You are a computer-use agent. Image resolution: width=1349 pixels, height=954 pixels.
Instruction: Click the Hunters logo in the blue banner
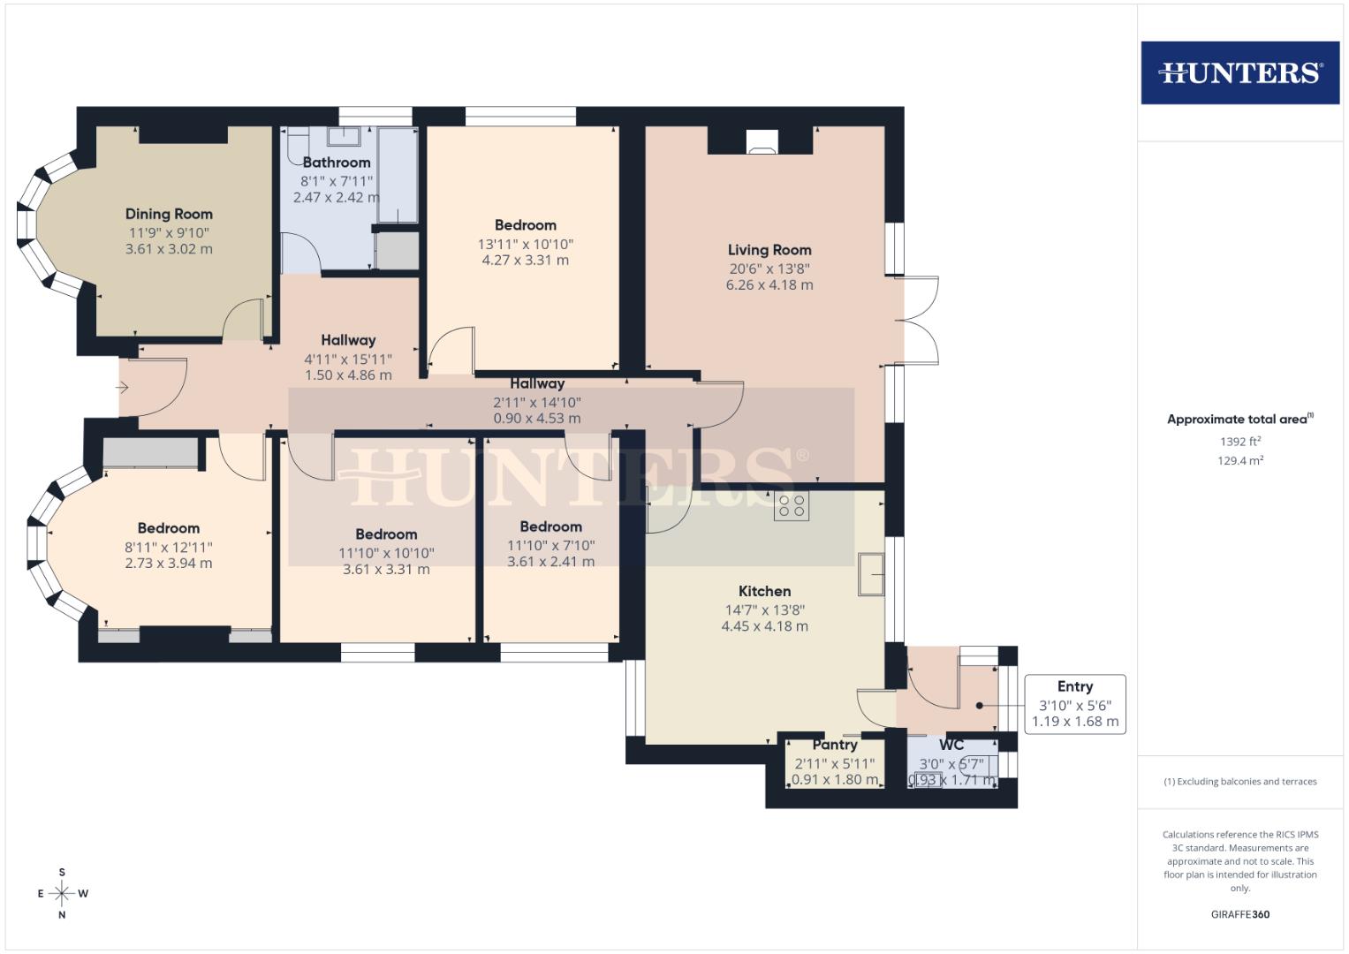(1239, 72)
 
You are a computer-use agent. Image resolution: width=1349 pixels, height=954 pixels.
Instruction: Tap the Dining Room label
(169, 214)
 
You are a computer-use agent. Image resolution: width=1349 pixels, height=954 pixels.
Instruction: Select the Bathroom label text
(337, 163)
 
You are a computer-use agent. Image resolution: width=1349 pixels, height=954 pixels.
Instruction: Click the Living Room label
(769, 250)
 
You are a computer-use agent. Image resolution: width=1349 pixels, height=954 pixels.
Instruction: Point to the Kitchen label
(764, 591)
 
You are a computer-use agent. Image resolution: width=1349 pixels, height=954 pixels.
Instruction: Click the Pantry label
(835, 745)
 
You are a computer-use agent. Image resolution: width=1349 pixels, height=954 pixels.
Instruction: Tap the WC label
(951, 745)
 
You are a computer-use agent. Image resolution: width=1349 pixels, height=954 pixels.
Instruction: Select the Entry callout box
(1075, 704)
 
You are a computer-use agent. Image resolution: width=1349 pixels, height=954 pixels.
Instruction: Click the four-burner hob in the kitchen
(791, 506)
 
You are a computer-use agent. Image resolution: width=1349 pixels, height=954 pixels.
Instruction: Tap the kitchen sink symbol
(871, 575)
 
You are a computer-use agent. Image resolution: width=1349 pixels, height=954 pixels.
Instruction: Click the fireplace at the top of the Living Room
(761, 141)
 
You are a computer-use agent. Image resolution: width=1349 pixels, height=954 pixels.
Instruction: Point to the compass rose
(62, 893)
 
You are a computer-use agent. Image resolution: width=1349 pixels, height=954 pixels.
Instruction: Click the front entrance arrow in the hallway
(122, 388)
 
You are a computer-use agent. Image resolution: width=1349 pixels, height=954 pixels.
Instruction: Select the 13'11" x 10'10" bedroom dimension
(526, 244)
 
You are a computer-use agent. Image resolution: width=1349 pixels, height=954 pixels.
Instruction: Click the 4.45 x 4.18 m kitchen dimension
(764, 626)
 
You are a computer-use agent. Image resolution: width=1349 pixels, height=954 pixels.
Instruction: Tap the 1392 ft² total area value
(1239, 442)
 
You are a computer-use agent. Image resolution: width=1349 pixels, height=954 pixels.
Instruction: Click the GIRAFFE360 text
(1239, 914)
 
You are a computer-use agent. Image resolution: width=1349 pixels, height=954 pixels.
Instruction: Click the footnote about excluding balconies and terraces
(1239, 782)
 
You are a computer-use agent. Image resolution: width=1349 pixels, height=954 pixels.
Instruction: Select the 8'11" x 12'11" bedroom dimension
(169, 548)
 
